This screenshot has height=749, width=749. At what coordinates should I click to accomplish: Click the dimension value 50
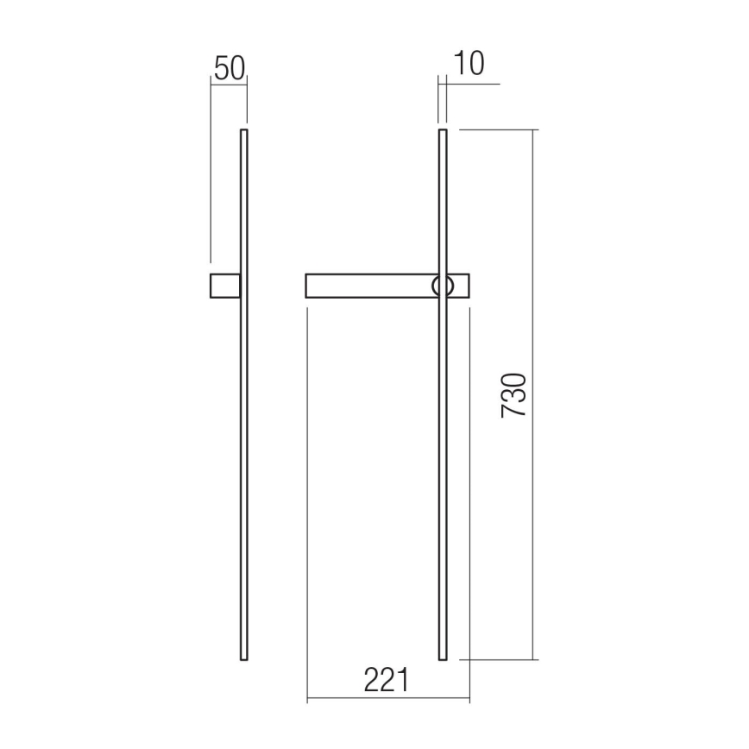[229, 68]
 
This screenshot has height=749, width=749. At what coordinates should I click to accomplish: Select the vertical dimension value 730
[514, 395]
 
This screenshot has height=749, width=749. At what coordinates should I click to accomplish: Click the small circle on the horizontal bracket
[444, 286]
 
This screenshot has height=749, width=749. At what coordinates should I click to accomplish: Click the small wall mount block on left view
[225, 286]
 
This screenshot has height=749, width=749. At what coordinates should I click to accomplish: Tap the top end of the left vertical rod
[244, 132]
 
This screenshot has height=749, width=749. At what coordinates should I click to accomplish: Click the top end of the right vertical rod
[444, 132]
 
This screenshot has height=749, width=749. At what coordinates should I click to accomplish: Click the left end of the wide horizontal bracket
[309, 286]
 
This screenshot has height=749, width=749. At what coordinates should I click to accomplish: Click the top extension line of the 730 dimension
[496, 129]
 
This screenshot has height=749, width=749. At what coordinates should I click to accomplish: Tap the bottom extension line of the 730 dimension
[496, 659]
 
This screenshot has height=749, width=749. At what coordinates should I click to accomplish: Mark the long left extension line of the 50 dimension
[211, 173]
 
